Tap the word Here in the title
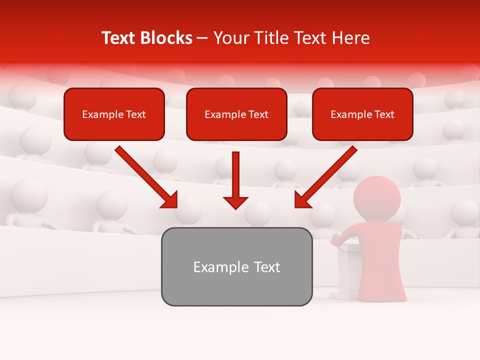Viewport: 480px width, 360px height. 350,38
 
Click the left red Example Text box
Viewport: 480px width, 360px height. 114,114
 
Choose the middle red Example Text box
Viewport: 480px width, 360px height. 236,114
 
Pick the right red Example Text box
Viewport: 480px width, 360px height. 362,114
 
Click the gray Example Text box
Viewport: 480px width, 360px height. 236,266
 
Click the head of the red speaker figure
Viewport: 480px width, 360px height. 377,195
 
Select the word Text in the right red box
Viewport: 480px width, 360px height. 384,114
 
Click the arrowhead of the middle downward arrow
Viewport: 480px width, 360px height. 235,201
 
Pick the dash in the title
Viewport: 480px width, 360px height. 202,38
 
